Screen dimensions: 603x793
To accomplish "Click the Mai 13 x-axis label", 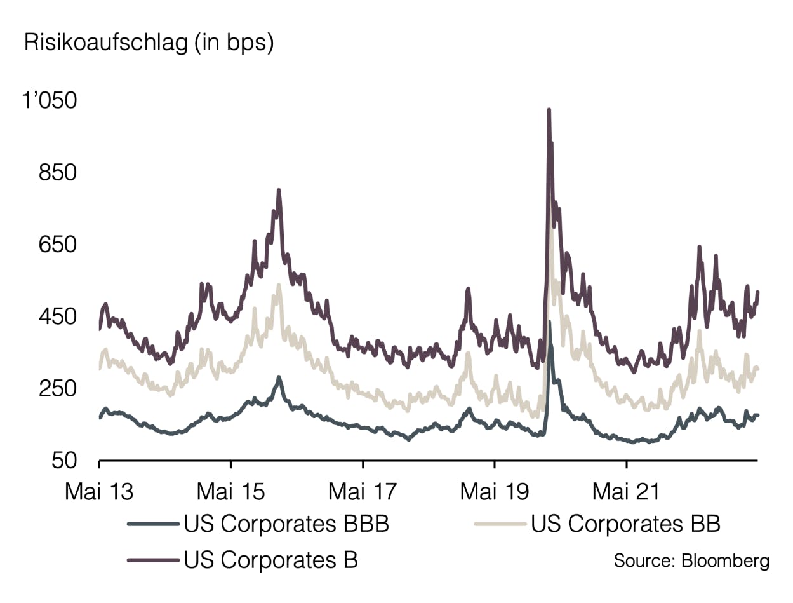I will (x=99, y=491).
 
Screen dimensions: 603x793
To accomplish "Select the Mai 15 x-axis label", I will (x=231, y=491).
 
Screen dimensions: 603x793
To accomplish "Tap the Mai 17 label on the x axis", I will (x=363, y=491).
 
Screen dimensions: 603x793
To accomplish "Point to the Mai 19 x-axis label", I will (x=494, y=491).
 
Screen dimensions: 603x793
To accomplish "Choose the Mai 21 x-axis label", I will (x=626, y=491).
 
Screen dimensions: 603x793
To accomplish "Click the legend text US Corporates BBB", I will (x=286, y=524).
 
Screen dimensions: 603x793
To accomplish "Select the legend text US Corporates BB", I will (x=625, y=524).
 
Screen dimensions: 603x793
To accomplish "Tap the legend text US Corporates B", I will (x=271, y=560).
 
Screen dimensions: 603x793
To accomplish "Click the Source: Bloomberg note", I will (x=691, y=561).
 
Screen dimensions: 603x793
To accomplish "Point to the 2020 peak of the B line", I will (x=549, y=111).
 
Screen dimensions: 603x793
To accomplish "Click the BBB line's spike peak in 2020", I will (x=550, y=322).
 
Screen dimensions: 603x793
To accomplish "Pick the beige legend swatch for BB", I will (x=500, y=524).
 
